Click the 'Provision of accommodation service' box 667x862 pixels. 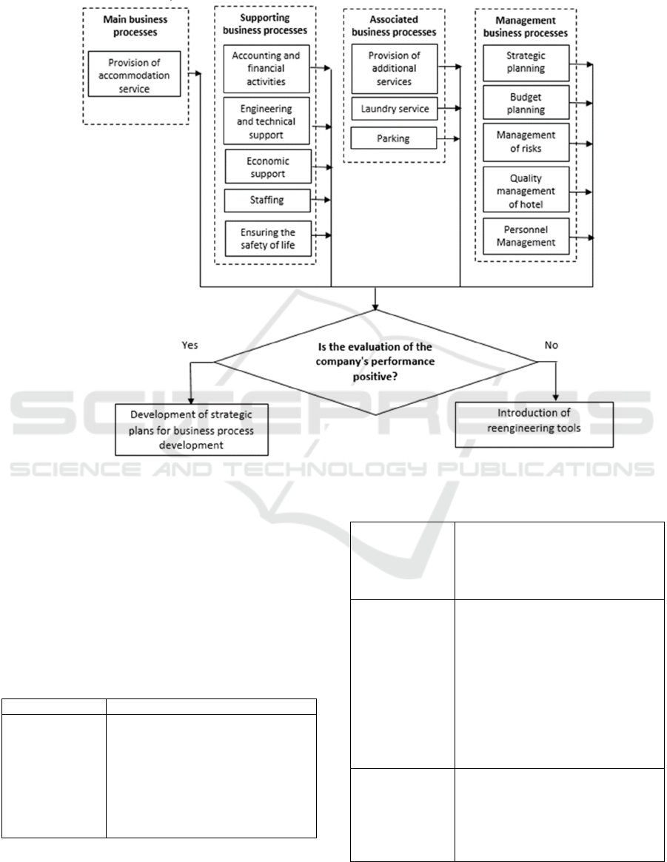(134, 74)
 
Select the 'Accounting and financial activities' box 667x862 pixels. (267, 69)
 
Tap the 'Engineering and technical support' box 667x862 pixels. (267, 121)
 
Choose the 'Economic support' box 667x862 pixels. (268, 166)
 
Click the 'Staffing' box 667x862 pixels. (267, 200)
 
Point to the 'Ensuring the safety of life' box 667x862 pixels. (268, 238)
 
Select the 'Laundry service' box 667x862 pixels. (395, 109)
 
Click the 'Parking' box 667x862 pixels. (393, 138)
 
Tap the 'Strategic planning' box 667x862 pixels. (526, 62)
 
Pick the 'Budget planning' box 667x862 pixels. (526, 102)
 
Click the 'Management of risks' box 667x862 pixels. (526, 142)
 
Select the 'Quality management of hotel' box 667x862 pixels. (526, 189)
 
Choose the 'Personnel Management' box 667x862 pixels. (526, 236)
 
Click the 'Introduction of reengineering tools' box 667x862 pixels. (534, 425)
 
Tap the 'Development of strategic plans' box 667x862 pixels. (191, 430)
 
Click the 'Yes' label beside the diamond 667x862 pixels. (190, 346)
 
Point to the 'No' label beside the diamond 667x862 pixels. (551, 346)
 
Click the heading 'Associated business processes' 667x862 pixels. (394, 26)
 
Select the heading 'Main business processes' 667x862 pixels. (135, 26)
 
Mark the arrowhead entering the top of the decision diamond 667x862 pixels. (375, 307)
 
